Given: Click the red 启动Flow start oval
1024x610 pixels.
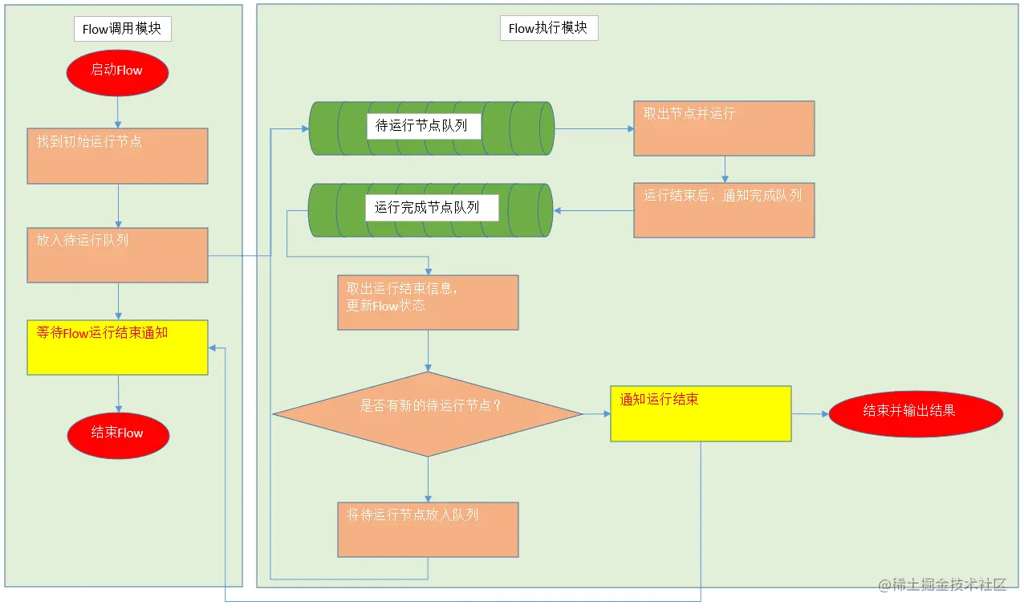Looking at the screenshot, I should pyautogui.click(x=117, y=71).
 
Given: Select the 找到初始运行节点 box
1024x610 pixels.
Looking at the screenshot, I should pyautogui.click(x=117, y=156).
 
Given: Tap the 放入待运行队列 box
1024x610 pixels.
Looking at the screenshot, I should pyautogui.click(x=117, y=254).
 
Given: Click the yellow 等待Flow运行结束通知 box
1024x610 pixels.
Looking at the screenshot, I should pyautogui.click(x=117, y=347).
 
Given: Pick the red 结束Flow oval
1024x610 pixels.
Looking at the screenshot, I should pyautogui.click(x=118, y=433).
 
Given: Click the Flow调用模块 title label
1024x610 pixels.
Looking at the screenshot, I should pyautogui.click(x=122, y=30).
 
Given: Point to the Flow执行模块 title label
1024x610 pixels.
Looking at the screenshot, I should pyautogui.click(x=548, y=28).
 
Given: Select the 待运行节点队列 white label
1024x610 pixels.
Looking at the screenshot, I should pyautogui.click(x=423, y=126).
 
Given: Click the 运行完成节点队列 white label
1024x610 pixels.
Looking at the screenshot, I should pyautogui.click(x=432, y=208).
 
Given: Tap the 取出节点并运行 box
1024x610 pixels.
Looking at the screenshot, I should pyautogui.click(x=724, y=128).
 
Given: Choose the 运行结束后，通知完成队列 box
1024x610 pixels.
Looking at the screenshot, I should pyautogui.click(x=724, y=210).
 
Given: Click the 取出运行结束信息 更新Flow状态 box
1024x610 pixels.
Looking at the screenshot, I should pyautogui.click(x=428, y=302).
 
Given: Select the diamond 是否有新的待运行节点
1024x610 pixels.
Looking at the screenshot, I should pyautogui.click(x=428, y=414).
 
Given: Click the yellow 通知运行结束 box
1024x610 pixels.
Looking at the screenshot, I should pyautogui.click(x=701, y=413).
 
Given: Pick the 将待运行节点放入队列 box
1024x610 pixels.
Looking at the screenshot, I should pyautogui.click(x=428, y=529).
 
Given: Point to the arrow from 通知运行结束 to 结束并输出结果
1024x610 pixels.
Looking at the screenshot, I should pyautogui.click(x=810, y=414).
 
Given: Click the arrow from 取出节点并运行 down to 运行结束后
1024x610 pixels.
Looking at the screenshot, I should pyautogui.click(x=725, y=169).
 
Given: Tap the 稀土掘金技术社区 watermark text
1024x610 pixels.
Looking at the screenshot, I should pyautogui.click(x=942, y=585).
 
